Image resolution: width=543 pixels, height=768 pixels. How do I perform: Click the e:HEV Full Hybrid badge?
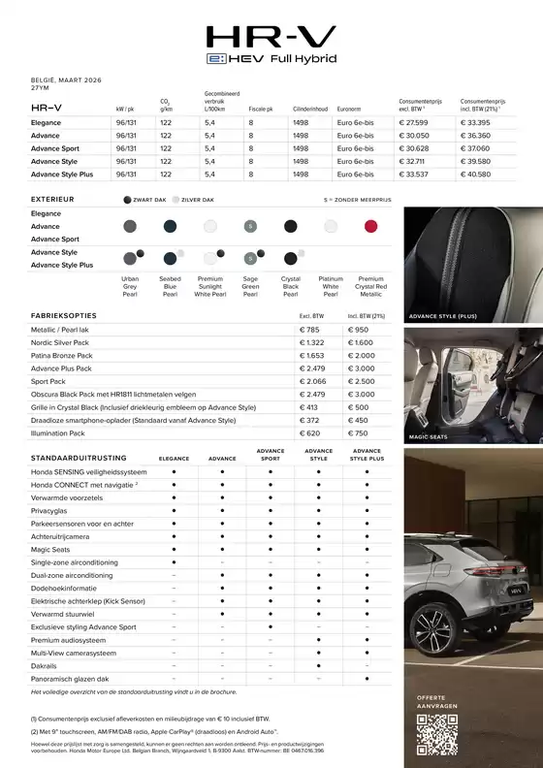click(x=271, y=59)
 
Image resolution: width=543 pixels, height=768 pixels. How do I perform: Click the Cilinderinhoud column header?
click(x=312, y=110)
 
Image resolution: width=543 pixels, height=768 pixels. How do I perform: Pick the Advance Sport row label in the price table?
click(x=55, y=148)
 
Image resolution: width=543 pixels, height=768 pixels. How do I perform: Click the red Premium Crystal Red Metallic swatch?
click(x=369, y=226)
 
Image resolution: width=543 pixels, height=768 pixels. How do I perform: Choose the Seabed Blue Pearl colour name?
click(x=170, y=286)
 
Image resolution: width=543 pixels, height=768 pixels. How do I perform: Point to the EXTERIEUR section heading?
click(x=53, y=199)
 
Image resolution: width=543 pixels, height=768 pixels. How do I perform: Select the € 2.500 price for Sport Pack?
click(x=360, y=381)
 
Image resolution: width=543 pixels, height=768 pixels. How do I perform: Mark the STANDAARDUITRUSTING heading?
click(x=80, y=456)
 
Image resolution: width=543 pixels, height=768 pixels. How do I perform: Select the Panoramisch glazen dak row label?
click(x=70, y=679)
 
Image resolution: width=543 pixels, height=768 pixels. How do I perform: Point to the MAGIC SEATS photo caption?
click(x=429, y=438)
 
